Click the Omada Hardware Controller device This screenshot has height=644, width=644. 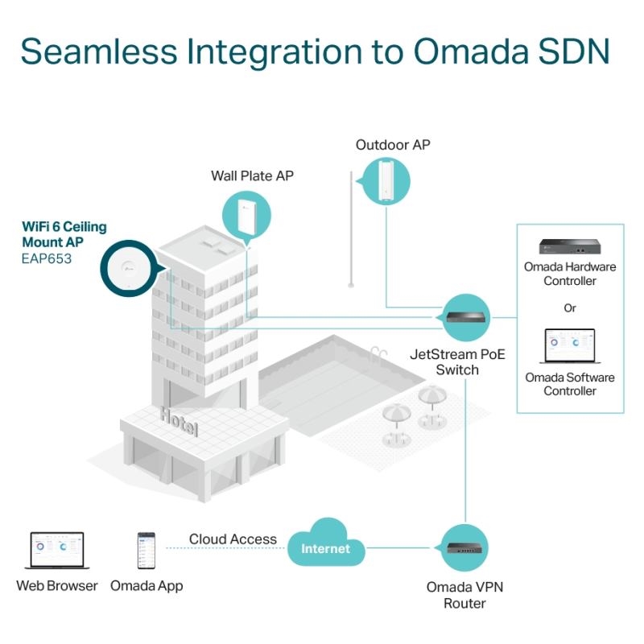click(x=569, y=247)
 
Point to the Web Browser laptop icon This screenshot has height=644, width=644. click(x=56, y=551)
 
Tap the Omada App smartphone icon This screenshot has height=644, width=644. click(x=147, y=551)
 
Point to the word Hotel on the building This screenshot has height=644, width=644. click(x=179, y=421)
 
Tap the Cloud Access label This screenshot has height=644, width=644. click(x=233, y=539)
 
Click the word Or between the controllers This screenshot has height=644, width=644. click(x=569, y=308)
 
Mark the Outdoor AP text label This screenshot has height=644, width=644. click(x=393, y=145)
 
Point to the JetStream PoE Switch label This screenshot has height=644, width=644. click(x=458, y=361)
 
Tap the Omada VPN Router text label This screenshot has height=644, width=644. click(x=464, y=595)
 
